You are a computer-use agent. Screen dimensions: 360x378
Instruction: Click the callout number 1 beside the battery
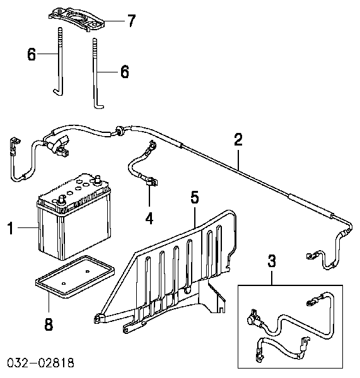(x=10, y=229)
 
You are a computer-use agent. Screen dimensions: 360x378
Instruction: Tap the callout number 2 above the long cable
(x=238, y=140)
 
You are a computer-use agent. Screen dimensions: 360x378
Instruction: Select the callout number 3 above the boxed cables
(x=272, y=261)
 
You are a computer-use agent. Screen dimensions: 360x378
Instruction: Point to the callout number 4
(x=149, y=219)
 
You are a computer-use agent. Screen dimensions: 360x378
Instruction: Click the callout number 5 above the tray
(x=195, y=197)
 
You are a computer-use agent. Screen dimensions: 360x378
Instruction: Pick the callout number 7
(x=132, y=21)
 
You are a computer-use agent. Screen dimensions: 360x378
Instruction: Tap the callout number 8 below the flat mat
(x=49, y=324)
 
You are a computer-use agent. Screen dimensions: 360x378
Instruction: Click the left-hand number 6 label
(x=32, y=54)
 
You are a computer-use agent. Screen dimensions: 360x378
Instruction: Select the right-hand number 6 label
(x=125, y=72)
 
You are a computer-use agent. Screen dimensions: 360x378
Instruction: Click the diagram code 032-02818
(x=40, y=363)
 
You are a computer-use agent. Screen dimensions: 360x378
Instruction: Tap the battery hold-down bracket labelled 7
(x=77, y=20)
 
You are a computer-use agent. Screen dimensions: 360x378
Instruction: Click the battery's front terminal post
(x=62, y=200)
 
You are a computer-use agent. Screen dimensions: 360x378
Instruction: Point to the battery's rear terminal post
(x=98, y=179)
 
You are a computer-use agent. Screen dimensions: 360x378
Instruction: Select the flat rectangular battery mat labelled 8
(x=75, y=277)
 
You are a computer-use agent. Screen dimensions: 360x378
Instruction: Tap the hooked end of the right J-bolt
(x=98, y=106)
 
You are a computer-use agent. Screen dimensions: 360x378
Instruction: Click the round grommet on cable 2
(x=120, y=130)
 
